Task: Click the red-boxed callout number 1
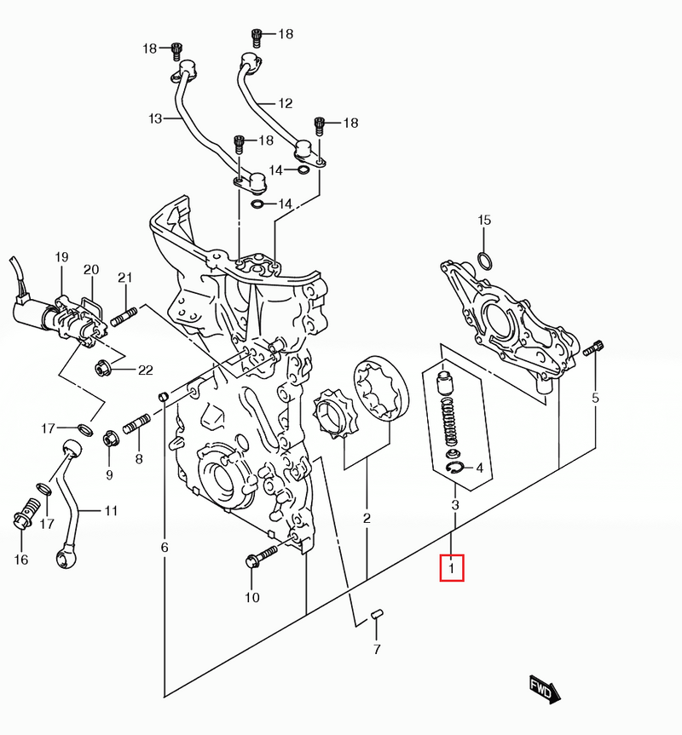(x=452, y=567)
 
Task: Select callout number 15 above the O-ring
(x=484, y=221)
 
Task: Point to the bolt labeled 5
(x=594, y=347)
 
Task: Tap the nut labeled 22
(x=101, y=369)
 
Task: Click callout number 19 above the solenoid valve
(x=61, y=256)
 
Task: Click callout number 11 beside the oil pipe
(x=111, y=511)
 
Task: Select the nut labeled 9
(x=110, y=439)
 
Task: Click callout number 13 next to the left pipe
(x=154, y=119)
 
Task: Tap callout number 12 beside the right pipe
(x=285, y=104)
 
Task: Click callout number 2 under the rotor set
(x=367, y=517)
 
